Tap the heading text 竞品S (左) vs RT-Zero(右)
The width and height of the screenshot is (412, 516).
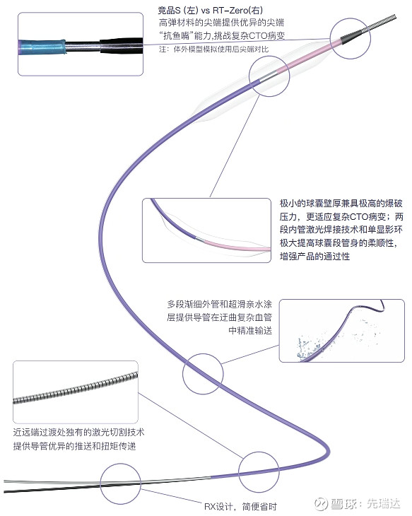[210, 11]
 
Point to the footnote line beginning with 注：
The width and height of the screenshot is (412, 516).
[214, 49]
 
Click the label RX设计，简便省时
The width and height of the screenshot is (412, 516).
[240, 506]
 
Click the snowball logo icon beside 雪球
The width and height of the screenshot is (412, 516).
[321, 503]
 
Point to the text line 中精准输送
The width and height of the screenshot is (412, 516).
[250, 330]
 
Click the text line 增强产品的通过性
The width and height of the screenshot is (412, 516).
[314, 256]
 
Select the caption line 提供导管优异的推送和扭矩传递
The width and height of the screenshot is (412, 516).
[74, 446]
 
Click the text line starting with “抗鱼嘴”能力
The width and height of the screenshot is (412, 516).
[221, 36]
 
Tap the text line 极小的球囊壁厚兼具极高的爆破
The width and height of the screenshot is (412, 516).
[341, 204]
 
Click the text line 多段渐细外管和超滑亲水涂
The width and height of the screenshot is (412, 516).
[220, 304]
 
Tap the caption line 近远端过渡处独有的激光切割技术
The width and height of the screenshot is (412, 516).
[78, 432]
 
